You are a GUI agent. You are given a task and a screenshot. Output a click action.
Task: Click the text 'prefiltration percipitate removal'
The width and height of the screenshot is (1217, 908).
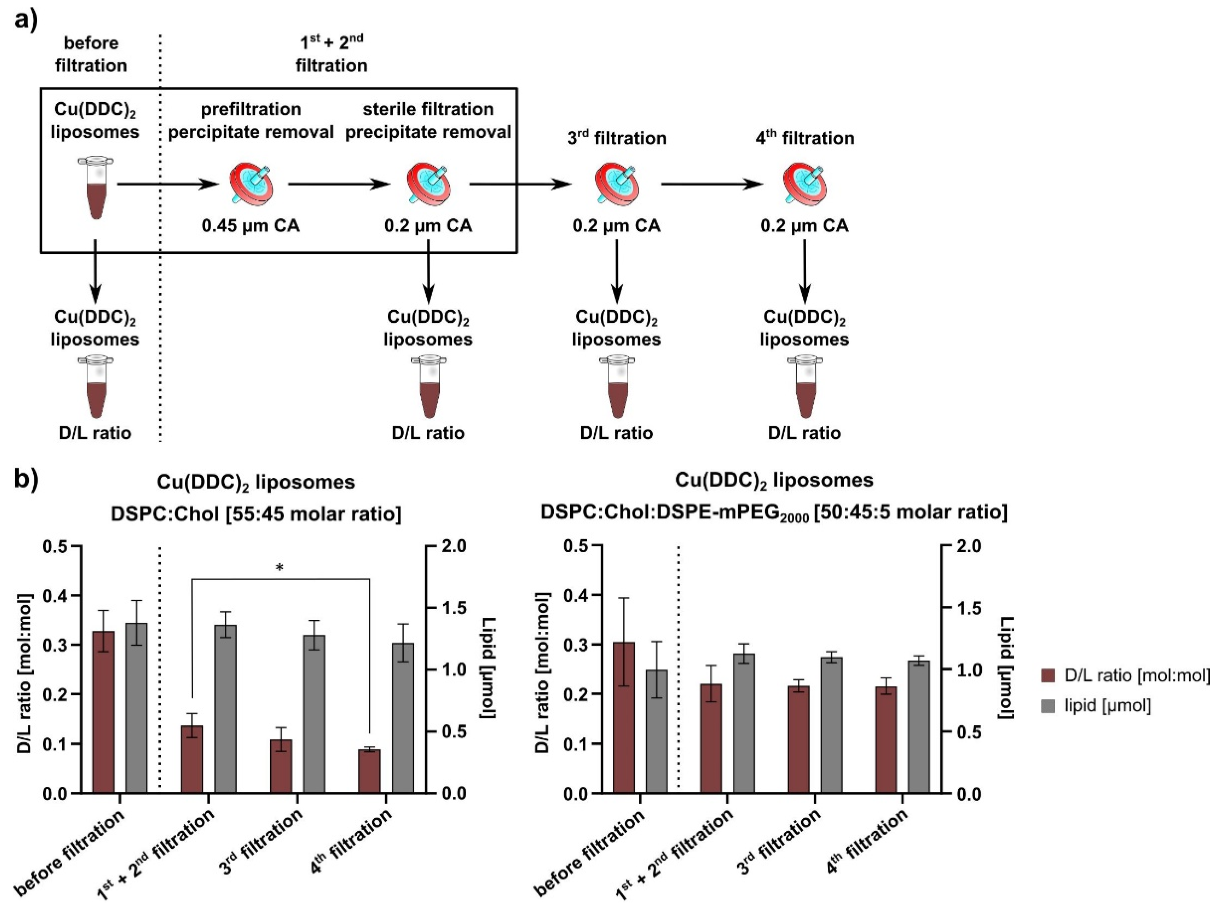(251, 120)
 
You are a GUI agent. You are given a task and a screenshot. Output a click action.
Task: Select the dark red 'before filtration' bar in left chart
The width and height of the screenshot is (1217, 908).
(104, 712)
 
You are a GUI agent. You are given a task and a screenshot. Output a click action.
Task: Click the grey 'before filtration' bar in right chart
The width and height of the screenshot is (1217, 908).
(657, 731)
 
